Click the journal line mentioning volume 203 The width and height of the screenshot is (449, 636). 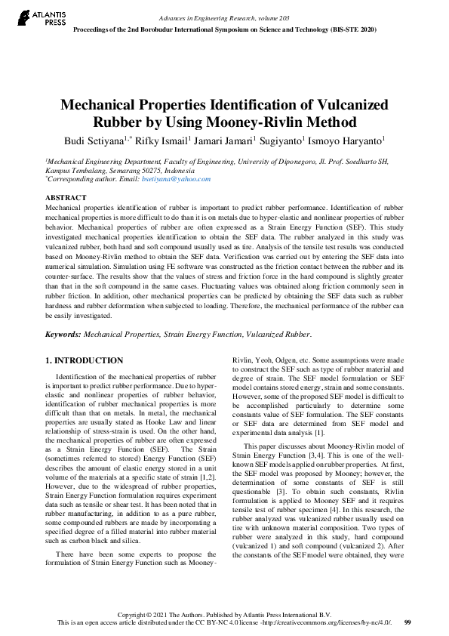click(223, 17)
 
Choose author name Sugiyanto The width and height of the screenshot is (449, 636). click(283, 140)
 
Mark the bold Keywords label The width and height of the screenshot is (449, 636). click(66, 333)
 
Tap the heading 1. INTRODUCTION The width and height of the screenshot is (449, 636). click(85, 361)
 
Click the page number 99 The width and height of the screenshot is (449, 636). click(407, 622)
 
